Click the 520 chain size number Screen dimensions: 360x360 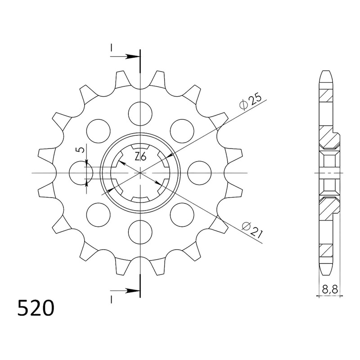[36, 308]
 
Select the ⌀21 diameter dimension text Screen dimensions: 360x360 [252, 230]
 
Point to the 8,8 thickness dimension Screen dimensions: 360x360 [330, 290]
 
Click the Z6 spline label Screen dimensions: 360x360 [140, 157]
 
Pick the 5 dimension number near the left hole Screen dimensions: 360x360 [81, 150]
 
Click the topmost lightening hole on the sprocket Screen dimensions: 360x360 [140, 114]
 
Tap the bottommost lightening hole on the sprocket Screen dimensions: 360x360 [140, 231]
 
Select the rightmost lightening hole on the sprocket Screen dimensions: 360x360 [199, 173]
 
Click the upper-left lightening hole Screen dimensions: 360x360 [99, 131]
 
